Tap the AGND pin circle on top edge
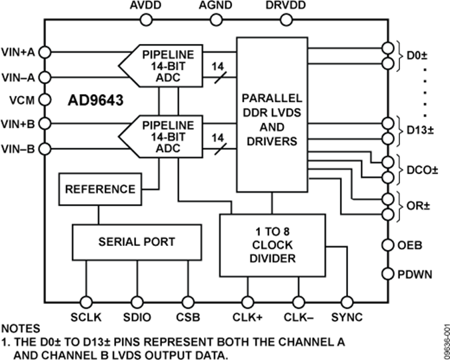(x=215, y=19)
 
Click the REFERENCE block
(x=99, y=189)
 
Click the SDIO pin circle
(x=137, y=300)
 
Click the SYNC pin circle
(x=346, y=300)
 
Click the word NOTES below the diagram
(x=20, y=329)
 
